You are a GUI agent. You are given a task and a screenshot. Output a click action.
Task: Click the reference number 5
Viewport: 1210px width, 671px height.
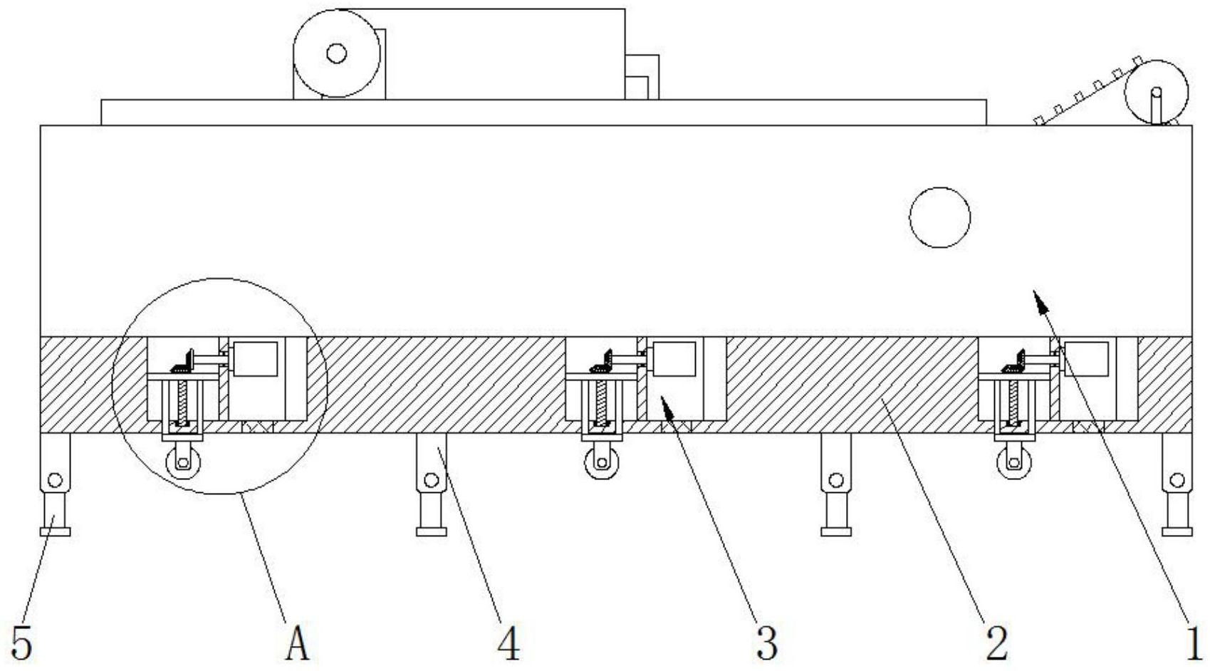[22, 643]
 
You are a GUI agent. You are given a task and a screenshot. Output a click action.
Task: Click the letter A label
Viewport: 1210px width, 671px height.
[297, 643]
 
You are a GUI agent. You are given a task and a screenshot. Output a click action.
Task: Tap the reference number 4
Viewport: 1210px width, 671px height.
[509, 643]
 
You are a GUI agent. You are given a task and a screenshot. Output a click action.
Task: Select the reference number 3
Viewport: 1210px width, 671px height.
[767, 643]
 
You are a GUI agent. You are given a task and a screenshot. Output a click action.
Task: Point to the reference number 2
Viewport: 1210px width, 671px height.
[997, 643]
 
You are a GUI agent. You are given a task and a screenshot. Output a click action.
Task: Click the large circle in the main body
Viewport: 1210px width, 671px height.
[940, 218]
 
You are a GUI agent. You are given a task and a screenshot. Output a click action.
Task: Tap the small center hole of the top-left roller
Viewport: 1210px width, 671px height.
[337, 53]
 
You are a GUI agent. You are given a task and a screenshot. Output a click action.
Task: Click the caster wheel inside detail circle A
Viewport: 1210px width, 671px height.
[183, 463]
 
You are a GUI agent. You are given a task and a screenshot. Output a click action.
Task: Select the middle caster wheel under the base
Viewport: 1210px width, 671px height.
[602, 463]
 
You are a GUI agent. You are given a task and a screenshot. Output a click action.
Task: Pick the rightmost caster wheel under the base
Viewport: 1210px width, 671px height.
[1014, 463]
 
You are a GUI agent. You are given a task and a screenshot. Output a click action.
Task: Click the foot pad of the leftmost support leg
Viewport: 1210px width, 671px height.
[55, 532]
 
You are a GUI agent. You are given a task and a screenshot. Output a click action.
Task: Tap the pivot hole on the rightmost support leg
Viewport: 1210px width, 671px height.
[1177, 480]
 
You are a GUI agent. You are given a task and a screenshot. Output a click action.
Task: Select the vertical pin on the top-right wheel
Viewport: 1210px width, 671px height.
[1157, 106]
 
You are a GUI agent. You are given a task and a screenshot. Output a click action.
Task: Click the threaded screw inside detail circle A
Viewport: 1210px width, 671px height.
[182, 402]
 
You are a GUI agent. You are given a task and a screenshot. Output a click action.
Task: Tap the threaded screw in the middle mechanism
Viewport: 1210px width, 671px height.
[601, 402]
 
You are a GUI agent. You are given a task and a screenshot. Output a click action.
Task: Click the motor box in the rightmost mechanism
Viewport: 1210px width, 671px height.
[1086, 359]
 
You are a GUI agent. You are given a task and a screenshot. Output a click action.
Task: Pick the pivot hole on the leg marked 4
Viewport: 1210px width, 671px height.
[431, 480]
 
